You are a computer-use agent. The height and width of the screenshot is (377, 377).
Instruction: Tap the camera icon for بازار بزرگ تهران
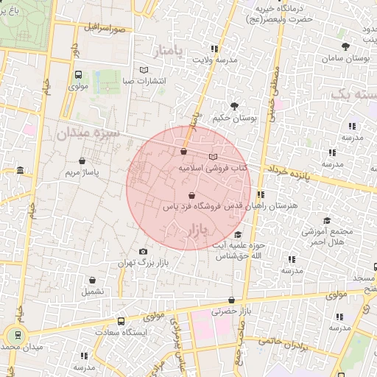point(143,252)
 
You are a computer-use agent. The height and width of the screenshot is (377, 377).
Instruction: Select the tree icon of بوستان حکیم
point(235,106)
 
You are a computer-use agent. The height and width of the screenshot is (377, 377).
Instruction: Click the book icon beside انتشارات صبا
point(144,71)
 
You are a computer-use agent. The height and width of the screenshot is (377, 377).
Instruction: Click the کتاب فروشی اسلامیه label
point(214,169)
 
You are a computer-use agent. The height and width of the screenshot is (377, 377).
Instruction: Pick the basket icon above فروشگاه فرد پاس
point(191,196)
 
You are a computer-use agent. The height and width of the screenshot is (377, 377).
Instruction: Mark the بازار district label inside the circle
point(191,230)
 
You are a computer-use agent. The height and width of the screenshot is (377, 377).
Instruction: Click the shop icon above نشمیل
point(93,281)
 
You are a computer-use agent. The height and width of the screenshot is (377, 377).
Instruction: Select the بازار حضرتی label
point(232,311)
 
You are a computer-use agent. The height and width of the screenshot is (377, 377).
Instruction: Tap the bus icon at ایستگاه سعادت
point(121,322)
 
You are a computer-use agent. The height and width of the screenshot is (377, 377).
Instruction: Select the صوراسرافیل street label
point(105,29)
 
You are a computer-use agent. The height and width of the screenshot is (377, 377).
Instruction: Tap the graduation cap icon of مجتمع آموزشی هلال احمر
point(326,221)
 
